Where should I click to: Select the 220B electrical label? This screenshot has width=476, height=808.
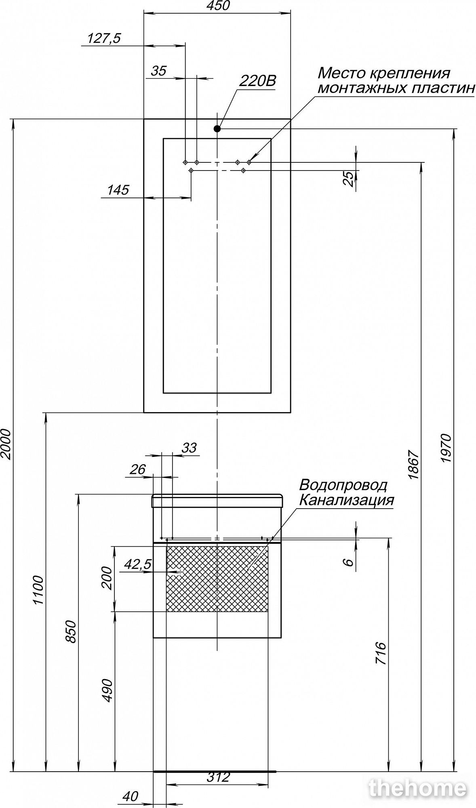(x=257, y=81)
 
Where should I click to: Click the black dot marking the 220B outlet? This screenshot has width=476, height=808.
(x=217, y=129)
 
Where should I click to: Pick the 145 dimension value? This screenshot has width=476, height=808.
(x=118, y=190)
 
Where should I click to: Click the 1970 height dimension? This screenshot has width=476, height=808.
(x=445, y=448)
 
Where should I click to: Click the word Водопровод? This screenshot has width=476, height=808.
(x=343, y=484)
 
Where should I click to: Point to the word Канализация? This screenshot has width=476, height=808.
(x=346, y=500)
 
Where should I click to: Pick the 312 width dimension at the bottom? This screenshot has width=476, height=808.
(x=218, y=776)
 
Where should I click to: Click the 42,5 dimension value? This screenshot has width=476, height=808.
(x=138, y=564)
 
